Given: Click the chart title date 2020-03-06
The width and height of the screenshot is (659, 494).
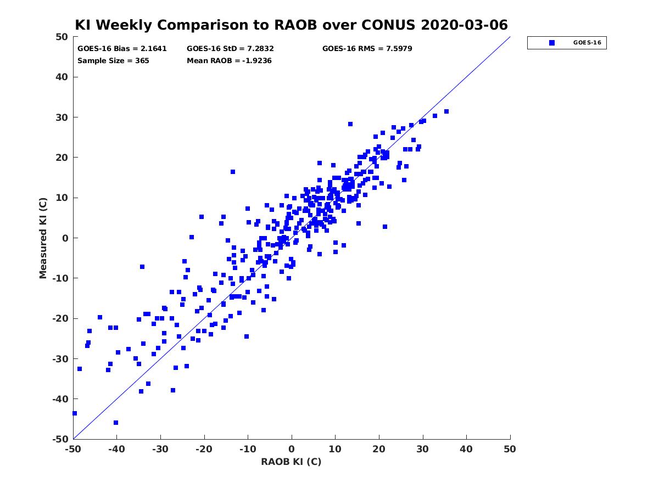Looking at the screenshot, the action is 464,25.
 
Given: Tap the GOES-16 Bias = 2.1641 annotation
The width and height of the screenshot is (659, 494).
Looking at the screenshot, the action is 122,49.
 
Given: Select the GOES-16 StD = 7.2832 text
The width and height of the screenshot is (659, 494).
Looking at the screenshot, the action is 230,49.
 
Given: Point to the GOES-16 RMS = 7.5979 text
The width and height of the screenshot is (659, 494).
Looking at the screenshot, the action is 367,49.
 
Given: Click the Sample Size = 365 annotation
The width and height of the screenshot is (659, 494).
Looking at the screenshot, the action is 113,61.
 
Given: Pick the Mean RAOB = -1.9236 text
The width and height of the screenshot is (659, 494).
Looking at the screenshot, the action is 229,61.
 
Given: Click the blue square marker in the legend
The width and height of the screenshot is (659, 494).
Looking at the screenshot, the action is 552,43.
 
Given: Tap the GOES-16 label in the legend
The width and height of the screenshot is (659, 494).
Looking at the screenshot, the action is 587,43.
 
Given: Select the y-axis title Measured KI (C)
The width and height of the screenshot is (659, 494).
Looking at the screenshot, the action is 43,238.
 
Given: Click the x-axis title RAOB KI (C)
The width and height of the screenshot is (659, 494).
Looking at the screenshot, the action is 291,462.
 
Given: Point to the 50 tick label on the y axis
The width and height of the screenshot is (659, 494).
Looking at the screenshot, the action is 62,37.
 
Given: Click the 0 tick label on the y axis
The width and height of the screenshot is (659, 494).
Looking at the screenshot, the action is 65,238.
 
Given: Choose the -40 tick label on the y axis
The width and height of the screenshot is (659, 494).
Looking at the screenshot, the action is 60,399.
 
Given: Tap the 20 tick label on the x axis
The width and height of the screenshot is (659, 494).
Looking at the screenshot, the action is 379,449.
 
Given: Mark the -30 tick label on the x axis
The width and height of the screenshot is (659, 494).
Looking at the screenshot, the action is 160,449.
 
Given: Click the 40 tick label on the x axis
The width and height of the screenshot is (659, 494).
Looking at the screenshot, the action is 466,449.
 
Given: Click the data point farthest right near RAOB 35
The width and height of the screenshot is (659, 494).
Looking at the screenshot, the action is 446,111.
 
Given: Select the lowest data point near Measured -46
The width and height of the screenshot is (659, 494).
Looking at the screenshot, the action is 116,423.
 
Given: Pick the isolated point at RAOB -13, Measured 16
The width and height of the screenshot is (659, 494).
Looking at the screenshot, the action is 233,172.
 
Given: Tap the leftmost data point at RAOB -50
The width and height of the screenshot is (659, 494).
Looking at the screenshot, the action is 75,413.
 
